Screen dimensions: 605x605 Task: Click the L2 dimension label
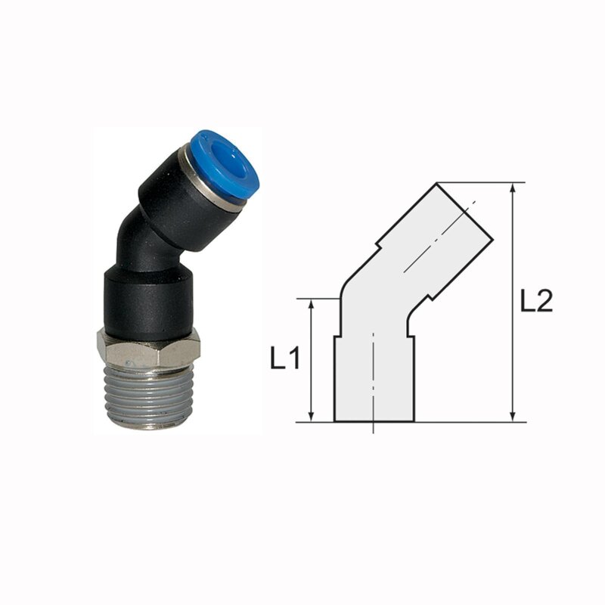(x=536, y=300)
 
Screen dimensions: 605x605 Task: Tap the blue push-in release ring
(x=225, y=165)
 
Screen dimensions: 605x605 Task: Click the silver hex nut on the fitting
(x=148, y=349)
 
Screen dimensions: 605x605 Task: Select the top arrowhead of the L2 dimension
(x=513, y=188)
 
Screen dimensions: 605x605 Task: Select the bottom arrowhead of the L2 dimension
(x=513, y=417)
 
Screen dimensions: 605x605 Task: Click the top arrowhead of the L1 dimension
(x=312, y=304)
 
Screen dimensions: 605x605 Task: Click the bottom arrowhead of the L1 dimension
(x=312, y=417)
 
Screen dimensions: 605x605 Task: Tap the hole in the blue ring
(x=228, y=160)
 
